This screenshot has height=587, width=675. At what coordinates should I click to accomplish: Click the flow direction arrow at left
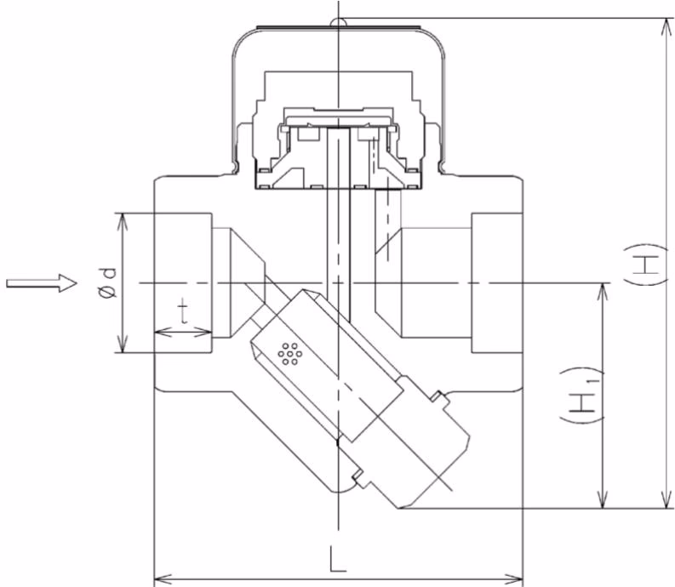(42, 282)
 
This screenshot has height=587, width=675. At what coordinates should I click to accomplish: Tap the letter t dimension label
(183, 312)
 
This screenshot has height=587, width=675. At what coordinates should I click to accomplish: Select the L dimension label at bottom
(338, 559)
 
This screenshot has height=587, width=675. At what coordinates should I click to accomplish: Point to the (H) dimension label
(645, 265)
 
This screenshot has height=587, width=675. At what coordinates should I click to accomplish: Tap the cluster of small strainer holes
(290, 354)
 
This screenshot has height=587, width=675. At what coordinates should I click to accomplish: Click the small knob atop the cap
(339, 21)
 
